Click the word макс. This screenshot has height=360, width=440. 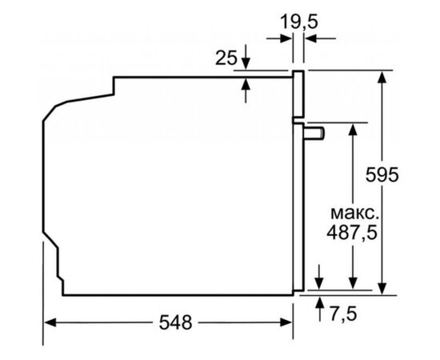[x=351, y=214]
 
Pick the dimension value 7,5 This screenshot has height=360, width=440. [x=343, y=314]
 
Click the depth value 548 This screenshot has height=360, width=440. [x=175, y=323]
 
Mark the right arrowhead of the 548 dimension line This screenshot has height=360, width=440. [x=287, y=323]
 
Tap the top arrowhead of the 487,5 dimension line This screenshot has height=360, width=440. [x=352, y=128]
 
